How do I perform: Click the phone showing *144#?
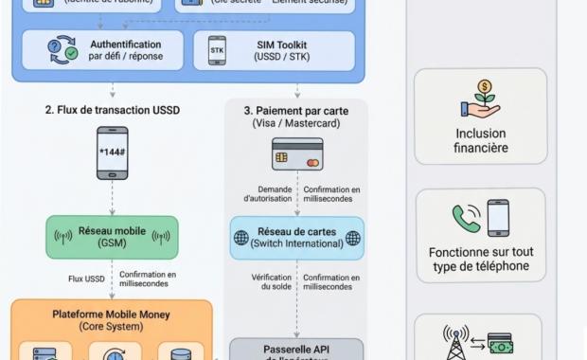[x=112, y=153]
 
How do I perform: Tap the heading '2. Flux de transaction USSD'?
[x=112, y=110]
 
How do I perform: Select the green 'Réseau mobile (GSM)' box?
[x=113, y=237]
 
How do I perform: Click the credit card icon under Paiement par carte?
[x=297, y=153]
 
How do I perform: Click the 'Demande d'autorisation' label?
[x=268, y=194]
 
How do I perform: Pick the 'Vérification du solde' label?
[x=271, y=282]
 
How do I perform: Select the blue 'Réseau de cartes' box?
[x=296, y=238]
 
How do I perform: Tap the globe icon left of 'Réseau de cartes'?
[x=242, y=238]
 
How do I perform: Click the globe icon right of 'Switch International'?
[x=352, y=238]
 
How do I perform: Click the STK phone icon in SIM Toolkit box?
[x=217, y=51]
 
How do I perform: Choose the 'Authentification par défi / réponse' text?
[x=125, y=50]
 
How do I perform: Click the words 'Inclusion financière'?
[x=480, y=141]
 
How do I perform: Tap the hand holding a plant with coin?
[x=480, y=99]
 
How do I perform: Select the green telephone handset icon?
[x=466, y=219]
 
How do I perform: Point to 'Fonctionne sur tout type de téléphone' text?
[x=480, y=260]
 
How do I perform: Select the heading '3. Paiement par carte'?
[x=296, y=110]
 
